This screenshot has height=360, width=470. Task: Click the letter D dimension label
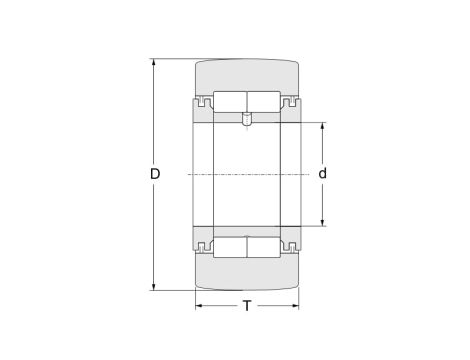[x=155, y=174]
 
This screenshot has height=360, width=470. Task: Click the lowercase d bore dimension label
[x=322, y=174]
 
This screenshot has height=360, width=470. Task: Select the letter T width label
[x=247, y=306]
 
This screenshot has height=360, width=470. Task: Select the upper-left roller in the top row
[x=230, y=101]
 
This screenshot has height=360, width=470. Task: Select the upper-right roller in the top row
[x=264, y=101]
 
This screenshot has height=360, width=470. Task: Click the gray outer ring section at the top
[x=247, y=75]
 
